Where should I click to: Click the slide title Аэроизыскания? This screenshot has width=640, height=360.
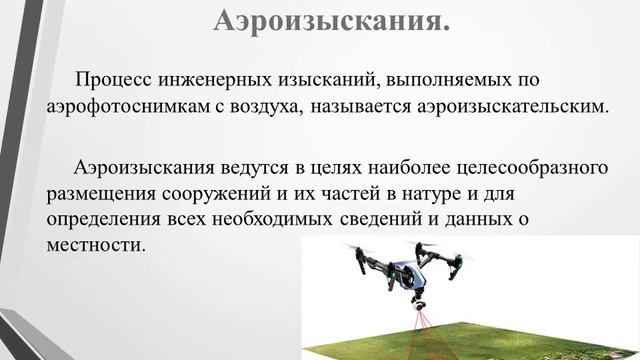(331, 19)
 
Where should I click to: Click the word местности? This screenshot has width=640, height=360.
(96, 242)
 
